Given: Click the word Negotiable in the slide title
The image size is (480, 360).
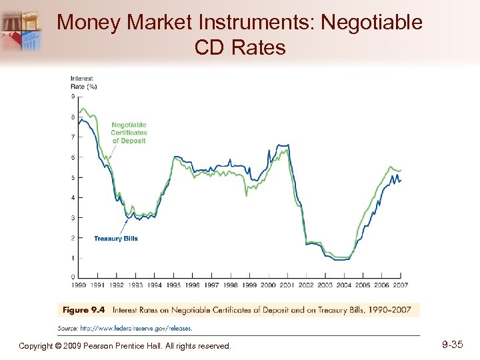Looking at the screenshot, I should point(371,22).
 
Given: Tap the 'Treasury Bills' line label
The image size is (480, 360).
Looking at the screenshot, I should point(116,239).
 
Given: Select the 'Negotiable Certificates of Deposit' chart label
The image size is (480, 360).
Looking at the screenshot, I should point(129,133).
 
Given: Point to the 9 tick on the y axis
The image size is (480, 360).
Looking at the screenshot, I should point(73,97).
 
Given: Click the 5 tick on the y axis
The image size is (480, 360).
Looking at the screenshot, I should point(73,177).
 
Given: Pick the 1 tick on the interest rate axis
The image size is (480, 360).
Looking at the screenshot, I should point(73,258).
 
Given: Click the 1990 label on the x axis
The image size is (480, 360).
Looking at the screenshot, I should point(79,285).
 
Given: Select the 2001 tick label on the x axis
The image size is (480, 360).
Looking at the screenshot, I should point(287,285).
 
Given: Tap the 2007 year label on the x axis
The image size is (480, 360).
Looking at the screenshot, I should point(400,285).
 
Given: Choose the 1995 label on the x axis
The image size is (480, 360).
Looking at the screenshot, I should point(173,285).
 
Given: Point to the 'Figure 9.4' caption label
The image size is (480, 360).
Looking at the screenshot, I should point(84,310).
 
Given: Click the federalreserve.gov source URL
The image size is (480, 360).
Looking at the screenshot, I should point(136,328).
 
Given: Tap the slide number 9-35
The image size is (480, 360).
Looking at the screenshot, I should point(453,345).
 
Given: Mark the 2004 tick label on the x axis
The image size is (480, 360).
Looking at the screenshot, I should point(343,285).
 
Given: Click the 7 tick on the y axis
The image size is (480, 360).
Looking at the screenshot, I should point(73,137).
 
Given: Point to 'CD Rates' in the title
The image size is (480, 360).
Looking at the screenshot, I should point(240,47).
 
